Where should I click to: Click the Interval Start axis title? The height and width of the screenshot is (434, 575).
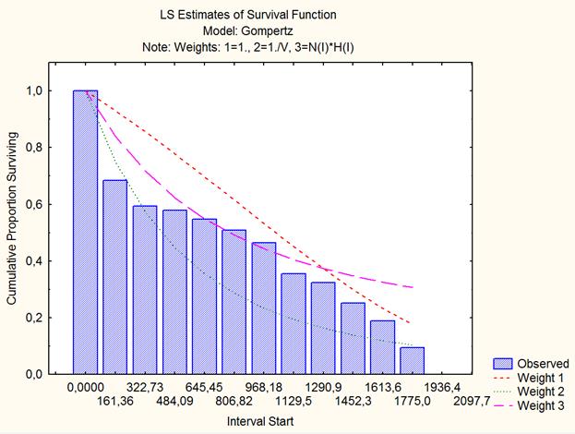(264, 421)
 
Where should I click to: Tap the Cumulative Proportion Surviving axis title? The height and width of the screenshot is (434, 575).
(12, 232)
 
